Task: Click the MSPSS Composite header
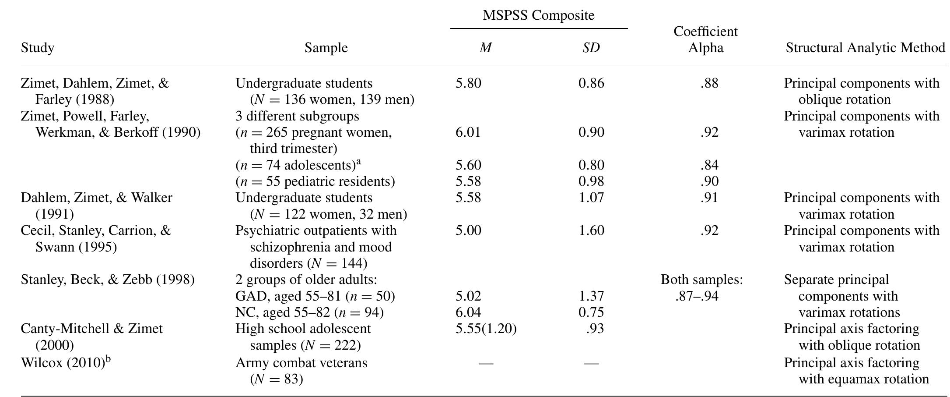tap(538, 15)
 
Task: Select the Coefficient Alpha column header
tap(705, 39)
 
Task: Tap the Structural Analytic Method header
tap(865, 47)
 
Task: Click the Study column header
tap(38, 47)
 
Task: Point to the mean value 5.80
tap(468, 83)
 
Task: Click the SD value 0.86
tap(591, 83)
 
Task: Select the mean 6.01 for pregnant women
tap(468, 132)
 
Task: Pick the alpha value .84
tap(709, 165)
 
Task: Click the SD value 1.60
tap(591, 230)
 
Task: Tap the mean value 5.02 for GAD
tap(468, 296)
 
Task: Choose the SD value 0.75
tap(591, 312)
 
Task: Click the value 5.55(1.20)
tap(486, 329)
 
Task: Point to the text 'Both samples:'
tap(701, 280)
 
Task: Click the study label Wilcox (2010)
tap(63, 363)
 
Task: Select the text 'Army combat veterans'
tap(301, 363)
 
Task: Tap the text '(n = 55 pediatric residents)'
tap(315, 181)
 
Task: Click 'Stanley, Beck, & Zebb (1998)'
tap(108, 280)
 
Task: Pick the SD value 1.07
tap(591, 198)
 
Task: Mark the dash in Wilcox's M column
tap(486, 363)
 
